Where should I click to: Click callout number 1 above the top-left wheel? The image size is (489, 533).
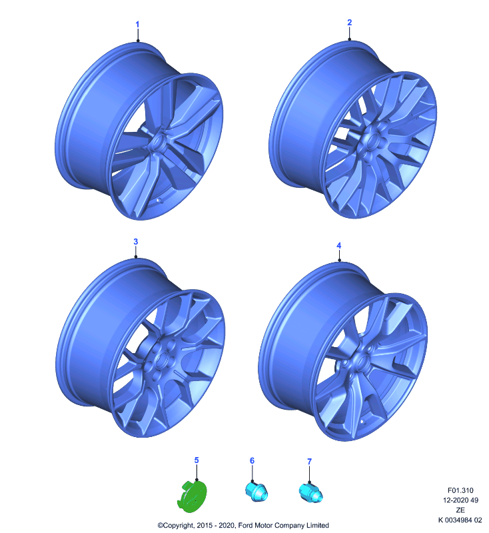137,25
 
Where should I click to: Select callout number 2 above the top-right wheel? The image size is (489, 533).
349,23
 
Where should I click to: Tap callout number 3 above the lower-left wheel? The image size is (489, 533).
136,242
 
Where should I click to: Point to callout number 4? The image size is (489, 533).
339,245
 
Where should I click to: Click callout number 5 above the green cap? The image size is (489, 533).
197,460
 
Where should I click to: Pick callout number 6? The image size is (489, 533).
252,460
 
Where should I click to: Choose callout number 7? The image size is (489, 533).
309,462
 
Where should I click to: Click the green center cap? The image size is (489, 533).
192,496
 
